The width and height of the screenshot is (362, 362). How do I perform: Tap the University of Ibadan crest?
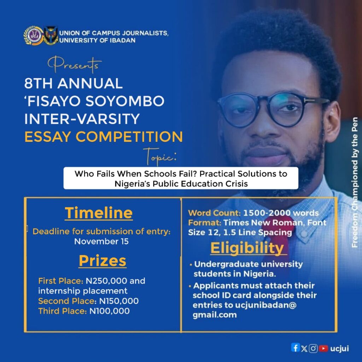coord(51,35)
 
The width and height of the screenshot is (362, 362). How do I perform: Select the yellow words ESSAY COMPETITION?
coord(104,137)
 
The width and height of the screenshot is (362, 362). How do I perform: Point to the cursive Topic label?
coord(160,157)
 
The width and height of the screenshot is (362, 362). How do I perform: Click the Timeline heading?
coord(99,213)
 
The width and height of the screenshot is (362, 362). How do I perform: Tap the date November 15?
coord(101,241)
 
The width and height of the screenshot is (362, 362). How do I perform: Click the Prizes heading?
coord(103,261)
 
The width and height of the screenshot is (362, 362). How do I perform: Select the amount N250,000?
coord(106,281)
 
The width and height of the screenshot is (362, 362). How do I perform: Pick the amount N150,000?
coord(119,301)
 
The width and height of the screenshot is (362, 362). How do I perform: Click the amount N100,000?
coord(110,311)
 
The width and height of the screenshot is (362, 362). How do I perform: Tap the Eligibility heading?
coord(247,248)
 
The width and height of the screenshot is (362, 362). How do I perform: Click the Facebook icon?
coord(295,348)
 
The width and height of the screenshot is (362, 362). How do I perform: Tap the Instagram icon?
coord(313,348)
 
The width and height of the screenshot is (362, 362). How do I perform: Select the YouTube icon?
coord(323,348)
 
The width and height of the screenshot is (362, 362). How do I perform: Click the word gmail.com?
coord(215,315)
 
